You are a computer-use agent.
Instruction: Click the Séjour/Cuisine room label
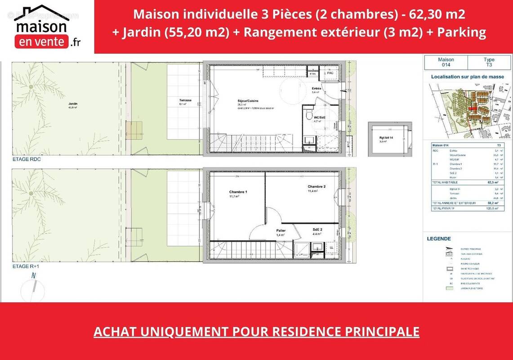coord(248,101)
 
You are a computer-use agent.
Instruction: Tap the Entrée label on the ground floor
coord(317,89)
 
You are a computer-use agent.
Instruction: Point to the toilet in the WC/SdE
coord(308,116)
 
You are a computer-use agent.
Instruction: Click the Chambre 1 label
coord(238,192)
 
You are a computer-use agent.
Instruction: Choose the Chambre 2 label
coord(317,187)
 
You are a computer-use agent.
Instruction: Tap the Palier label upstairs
coord(281,230)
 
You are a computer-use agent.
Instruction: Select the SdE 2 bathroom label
coord(317,229)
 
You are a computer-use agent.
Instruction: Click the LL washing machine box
coord(331,248)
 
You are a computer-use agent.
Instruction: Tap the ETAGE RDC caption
coord(27,160)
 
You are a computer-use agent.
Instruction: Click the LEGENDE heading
coord(439,239)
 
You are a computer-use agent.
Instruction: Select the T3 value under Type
coord(489,65)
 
